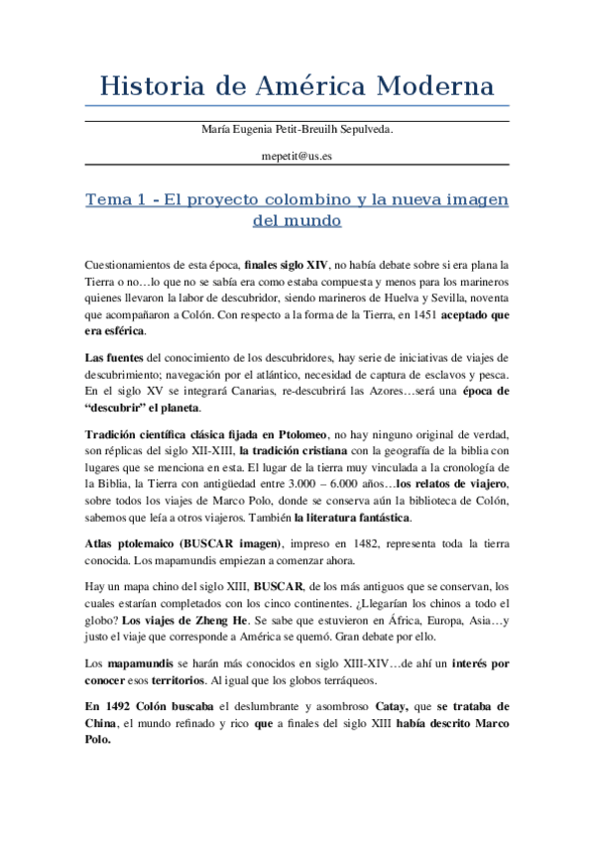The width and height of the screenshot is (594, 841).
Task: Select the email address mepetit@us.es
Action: [x=297, y=157]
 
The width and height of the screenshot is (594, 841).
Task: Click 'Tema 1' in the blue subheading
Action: [x=114, y=199]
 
